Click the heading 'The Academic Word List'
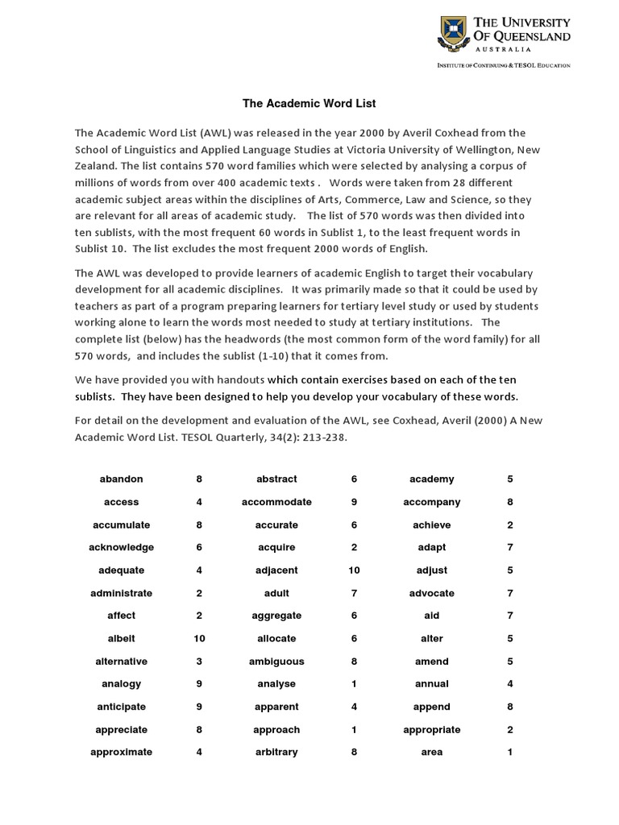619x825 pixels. pyautogui.click(x=298, y=104)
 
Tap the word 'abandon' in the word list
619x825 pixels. pyautogui.click(x=121, y=479)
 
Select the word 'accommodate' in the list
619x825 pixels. pyautogui.click(x=276, y=502)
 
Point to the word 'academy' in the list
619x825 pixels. pyautogui.click(x=431, y=479)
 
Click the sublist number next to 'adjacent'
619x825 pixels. pyautogui.click(x=354, y=570)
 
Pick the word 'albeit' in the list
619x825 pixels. pyautogui.click(x=121, y=639)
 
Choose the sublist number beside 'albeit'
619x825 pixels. pyautogui.click(x=199, y=639)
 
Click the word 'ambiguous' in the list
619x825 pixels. pyautogui.click(x=276, y=661)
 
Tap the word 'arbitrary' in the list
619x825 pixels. pyautogui.click(x=276, y=752)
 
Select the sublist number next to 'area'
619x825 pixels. pyautogui.click(x=509, y=752)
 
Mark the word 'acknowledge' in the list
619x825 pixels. pyautogui.click(x=121, y=548)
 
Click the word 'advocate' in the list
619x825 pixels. pyautogui.click(x=431, y=593)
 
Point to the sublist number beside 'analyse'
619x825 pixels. pyautogui.click(x=354, y=684)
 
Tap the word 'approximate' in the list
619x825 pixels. pyautogui.click(x=121, y=752)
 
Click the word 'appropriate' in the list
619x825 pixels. pyautogui.click(x=431, y=730)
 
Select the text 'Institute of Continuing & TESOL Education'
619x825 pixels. pyautogui.click(x=503, y=64)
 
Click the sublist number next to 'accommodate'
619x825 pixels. pyautogui.click(x=354, y=502)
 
